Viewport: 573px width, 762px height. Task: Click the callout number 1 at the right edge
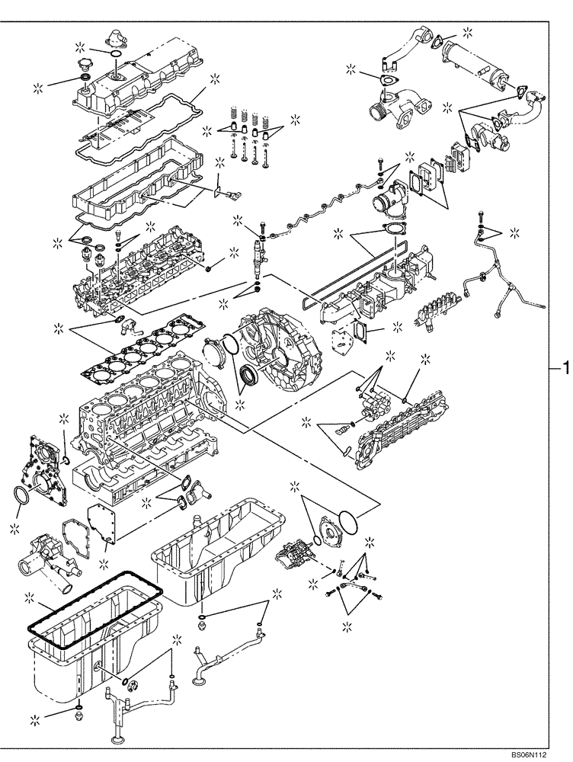[565, 368]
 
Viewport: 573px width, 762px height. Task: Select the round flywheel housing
[274, 335]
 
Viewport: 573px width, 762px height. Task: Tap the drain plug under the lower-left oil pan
[79, 717]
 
